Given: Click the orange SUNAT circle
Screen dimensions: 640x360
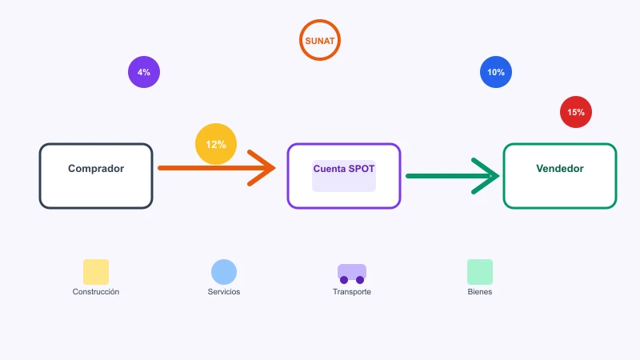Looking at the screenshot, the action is click(319, 22).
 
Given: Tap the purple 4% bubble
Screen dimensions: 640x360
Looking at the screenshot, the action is click(144, 72).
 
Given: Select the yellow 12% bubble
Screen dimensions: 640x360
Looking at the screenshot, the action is click(216, 144).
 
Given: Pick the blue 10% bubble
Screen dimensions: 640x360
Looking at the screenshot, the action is click(495, 72).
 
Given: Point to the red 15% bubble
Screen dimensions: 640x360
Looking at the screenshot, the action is click(575, 112).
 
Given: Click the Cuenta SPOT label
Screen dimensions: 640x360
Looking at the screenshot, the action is click(344, 169).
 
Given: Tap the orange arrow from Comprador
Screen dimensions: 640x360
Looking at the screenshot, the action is click(216, 168).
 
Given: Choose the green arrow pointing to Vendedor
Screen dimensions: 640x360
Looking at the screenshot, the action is click(452, 176).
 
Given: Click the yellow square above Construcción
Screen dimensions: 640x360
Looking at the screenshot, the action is click(96, 272).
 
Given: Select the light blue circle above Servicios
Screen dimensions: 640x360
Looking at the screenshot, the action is click(224, 272).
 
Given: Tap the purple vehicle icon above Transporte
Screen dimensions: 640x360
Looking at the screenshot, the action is click(352, 274).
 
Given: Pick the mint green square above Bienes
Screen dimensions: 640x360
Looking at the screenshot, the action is click(479, 272).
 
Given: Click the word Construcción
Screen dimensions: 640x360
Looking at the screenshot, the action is click(96, 291).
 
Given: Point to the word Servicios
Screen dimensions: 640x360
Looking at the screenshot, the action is click(224, 291).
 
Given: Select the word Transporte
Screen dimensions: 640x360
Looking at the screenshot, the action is click(352, 291).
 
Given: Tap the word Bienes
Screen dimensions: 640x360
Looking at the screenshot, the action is click(479, 291).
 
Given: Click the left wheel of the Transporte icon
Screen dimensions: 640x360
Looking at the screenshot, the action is click(344, 280).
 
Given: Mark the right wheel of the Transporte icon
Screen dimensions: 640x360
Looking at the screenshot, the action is click(360, 280).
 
